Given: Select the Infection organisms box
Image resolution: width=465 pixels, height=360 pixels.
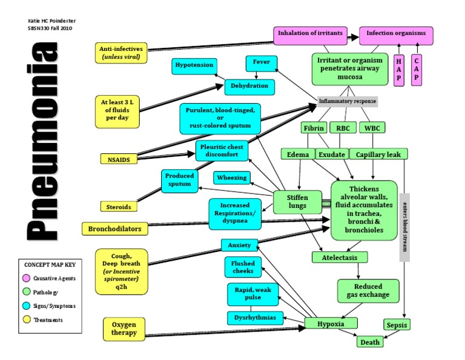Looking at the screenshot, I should (x=397, y=33).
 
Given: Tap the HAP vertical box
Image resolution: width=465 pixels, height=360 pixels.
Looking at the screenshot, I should (x=398, y=70).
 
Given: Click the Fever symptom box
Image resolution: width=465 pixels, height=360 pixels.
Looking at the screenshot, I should (x=262, y=63).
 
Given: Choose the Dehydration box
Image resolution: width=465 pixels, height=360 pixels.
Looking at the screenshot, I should (x=249, y=87).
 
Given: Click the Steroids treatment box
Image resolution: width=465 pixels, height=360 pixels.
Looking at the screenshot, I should (x=119, y=207).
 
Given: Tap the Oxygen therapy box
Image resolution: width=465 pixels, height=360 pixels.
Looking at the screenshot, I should (x=124, y=328).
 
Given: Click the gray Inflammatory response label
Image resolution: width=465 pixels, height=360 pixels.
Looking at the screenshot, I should (x=348, y=101).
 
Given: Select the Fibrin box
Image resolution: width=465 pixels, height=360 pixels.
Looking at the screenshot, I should (x=313, y=128).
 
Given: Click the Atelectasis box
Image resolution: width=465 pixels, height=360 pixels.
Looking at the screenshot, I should (x=340, y=258).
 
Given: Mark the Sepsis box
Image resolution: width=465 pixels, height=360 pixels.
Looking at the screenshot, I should (x=397, y=325).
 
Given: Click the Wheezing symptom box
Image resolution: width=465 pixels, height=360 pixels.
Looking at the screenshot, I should (x=231, y=178).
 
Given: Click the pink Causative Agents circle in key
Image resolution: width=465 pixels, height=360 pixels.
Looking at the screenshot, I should (x=27, y=278).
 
